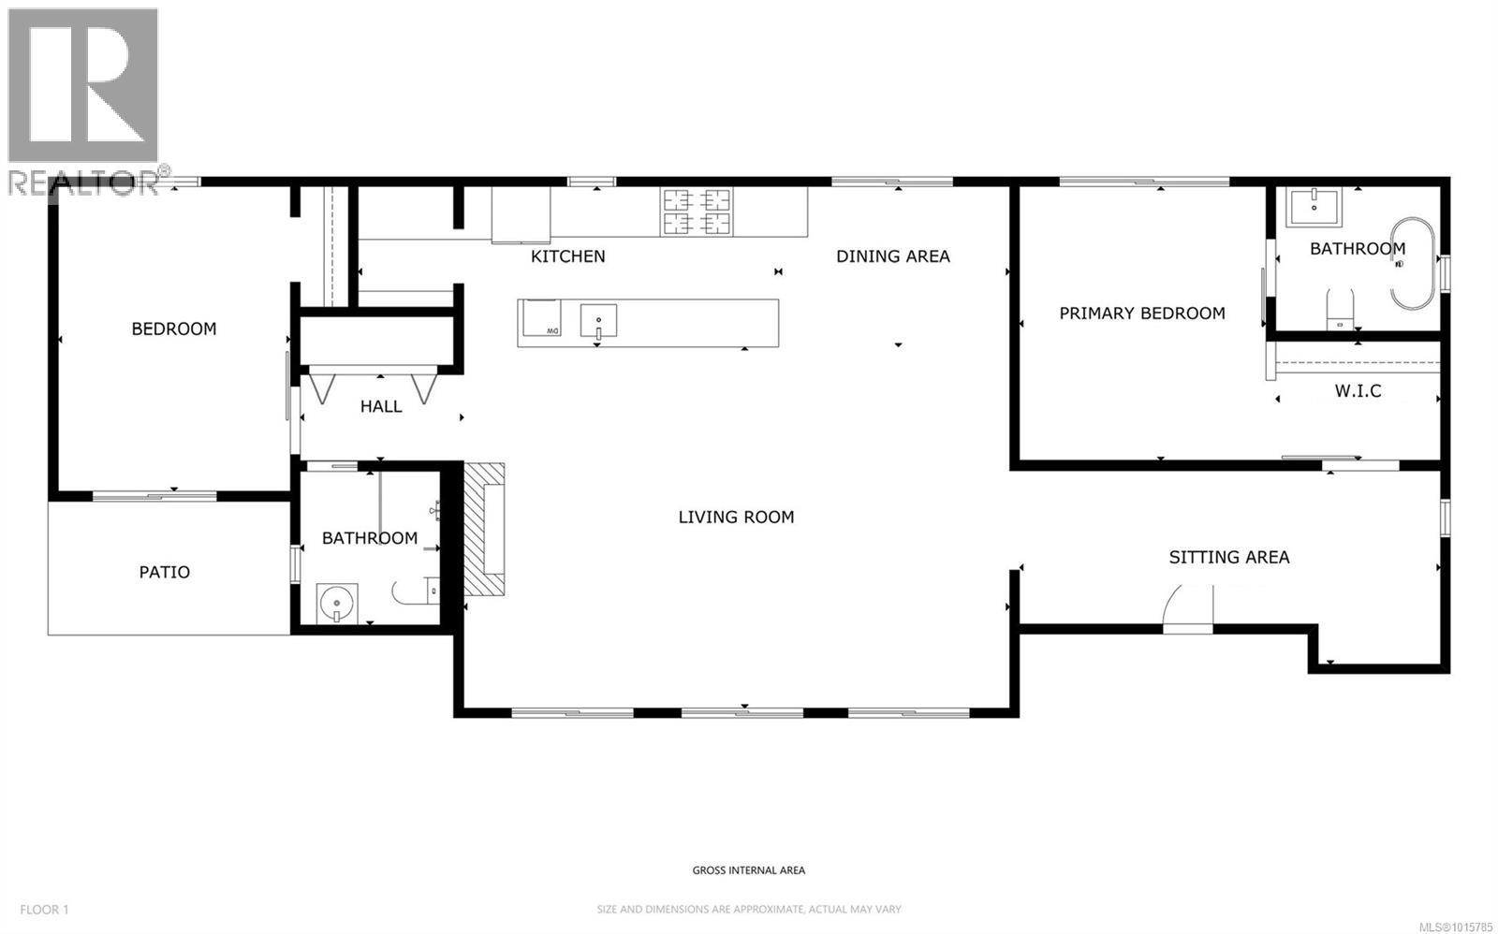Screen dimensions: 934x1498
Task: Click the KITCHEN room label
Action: (567, 256)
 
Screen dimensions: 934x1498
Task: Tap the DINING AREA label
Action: (892, 256)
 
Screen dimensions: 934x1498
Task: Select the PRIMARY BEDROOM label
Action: (1141, 314)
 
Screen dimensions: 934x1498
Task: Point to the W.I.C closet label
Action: (1358, 391)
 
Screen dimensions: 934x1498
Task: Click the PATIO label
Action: (165, 572)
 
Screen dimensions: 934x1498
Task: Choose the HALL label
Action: (381, 406)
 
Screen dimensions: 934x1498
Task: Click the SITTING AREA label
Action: (1228, 558)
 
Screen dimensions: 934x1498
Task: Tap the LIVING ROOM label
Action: (736, 517)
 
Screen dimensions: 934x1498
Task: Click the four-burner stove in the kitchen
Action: (696, 211)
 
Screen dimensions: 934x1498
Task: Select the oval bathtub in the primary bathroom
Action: (1413, 264)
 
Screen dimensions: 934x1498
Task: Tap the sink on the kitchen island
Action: (597, 320)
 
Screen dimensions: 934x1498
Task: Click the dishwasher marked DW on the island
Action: (540, 318)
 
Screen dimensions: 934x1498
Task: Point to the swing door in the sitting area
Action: (1187, 606)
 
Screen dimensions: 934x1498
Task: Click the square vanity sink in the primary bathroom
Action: (1314, 207)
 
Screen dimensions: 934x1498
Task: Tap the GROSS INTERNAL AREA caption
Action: (748, 870)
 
